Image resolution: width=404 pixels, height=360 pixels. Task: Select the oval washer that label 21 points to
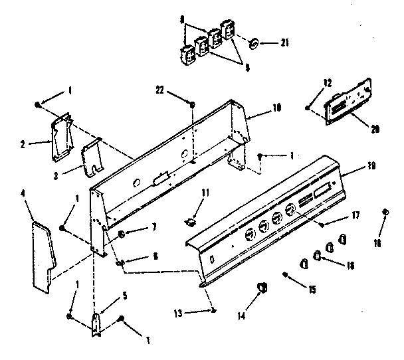coord(253,43)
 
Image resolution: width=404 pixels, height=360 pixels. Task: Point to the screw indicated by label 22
coord(192,105)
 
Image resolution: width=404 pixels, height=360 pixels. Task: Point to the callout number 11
coord(205,192)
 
